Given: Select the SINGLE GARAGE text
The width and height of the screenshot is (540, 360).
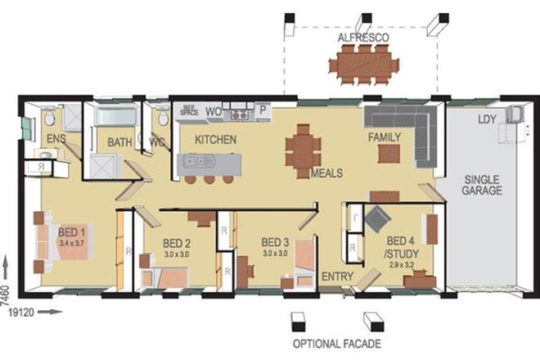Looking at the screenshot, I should point(484,185).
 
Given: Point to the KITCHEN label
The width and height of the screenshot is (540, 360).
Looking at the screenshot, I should point(215,140).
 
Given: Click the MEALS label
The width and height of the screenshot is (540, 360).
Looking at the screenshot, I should point(326,173).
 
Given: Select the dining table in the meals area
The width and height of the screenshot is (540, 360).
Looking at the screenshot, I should point(304,149).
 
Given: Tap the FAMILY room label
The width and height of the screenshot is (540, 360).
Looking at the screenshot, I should point(384,137).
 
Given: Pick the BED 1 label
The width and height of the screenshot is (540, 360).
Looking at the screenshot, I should point(72,232).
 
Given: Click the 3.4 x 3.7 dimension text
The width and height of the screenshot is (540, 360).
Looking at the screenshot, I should point(72,243).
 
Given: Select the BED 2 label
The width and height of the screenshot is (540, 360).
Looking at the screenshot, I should point(177,243).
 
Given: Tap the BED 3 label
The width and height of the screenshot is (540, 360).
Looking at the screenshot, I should point(275,242).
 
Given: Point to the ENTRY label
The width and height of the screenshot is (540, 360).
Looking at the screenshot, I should point(337,277).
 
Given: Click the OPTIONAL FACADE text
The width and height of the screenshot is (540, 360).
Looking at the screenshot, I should point(336,343).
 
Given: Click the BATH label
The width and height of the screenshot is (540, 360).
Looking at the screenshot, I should point(120,142).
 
